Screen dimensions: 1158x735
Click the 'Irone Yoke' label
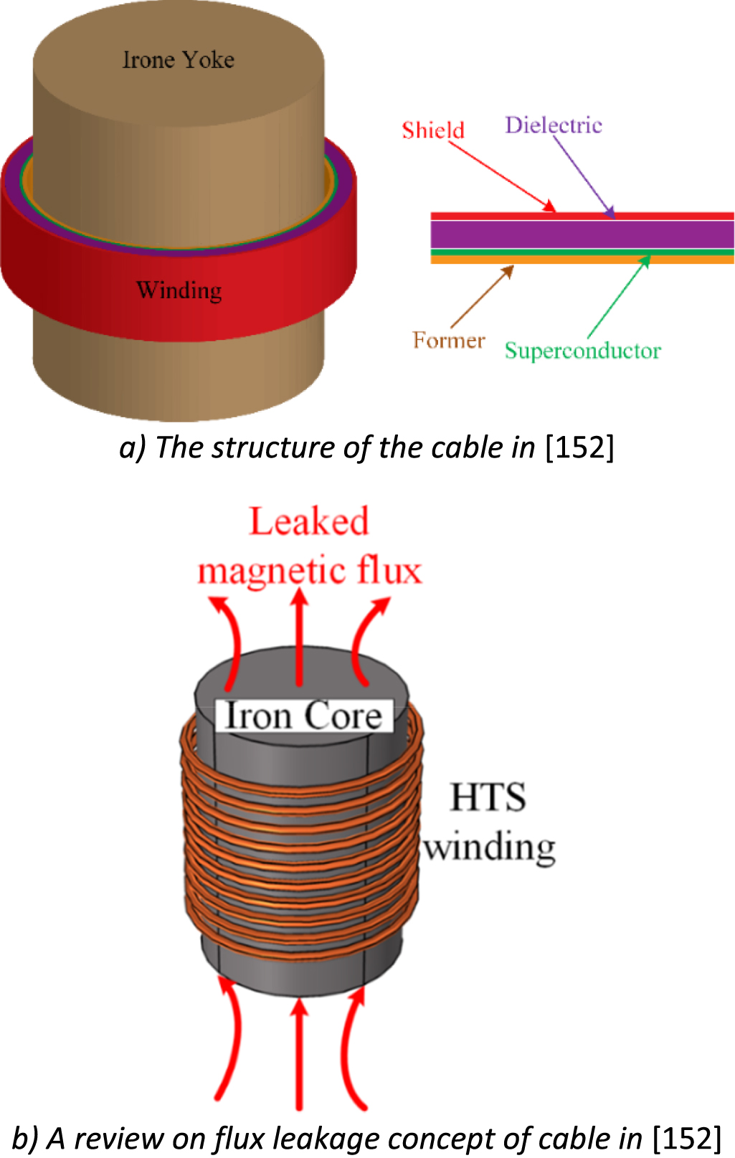point(178,60)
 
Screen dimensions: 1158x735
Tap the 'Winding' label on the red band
point(179,290)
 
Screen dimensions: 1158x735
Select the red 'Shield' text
point(433,130)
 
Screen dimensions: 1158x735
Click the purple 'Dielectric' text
point(554,125)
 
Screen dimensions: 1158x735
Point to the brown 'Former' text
point(449,340)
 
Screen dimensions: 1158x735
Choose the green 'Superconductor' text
point(582,351)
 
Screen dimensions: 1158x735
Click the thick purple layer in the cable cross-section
point(581,234)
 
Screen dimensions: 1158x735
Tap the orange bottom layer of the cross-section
point(581,260)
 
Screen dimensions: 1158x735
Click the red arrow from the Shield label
point(502,176)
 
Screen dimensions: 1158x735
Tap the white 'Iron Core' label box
point(304,716)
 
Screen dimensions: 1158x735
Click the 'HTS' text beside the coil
point(488,797)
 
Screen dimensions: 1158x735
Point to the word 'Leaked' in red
point(309,521)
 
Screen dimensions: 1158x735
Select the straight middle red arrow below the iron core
point(300,1054)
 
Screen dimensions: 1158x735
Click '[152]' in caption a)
point(579,447)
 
